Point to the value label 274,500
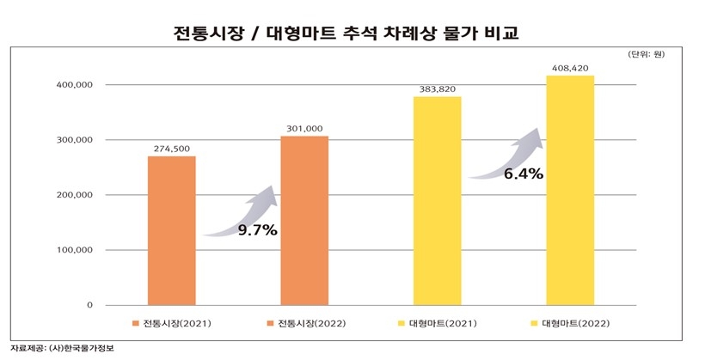pyautogui.click(x=171, y=149)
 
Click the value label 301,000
pyautogui.click(x=304, y=129)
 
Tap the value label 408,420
pyautogui.click(x=570, y=68)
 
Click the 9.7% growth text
pyautogui.click(x=258, y=230)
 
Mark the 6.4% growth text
pyautogui.click(x=523, y=174)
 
